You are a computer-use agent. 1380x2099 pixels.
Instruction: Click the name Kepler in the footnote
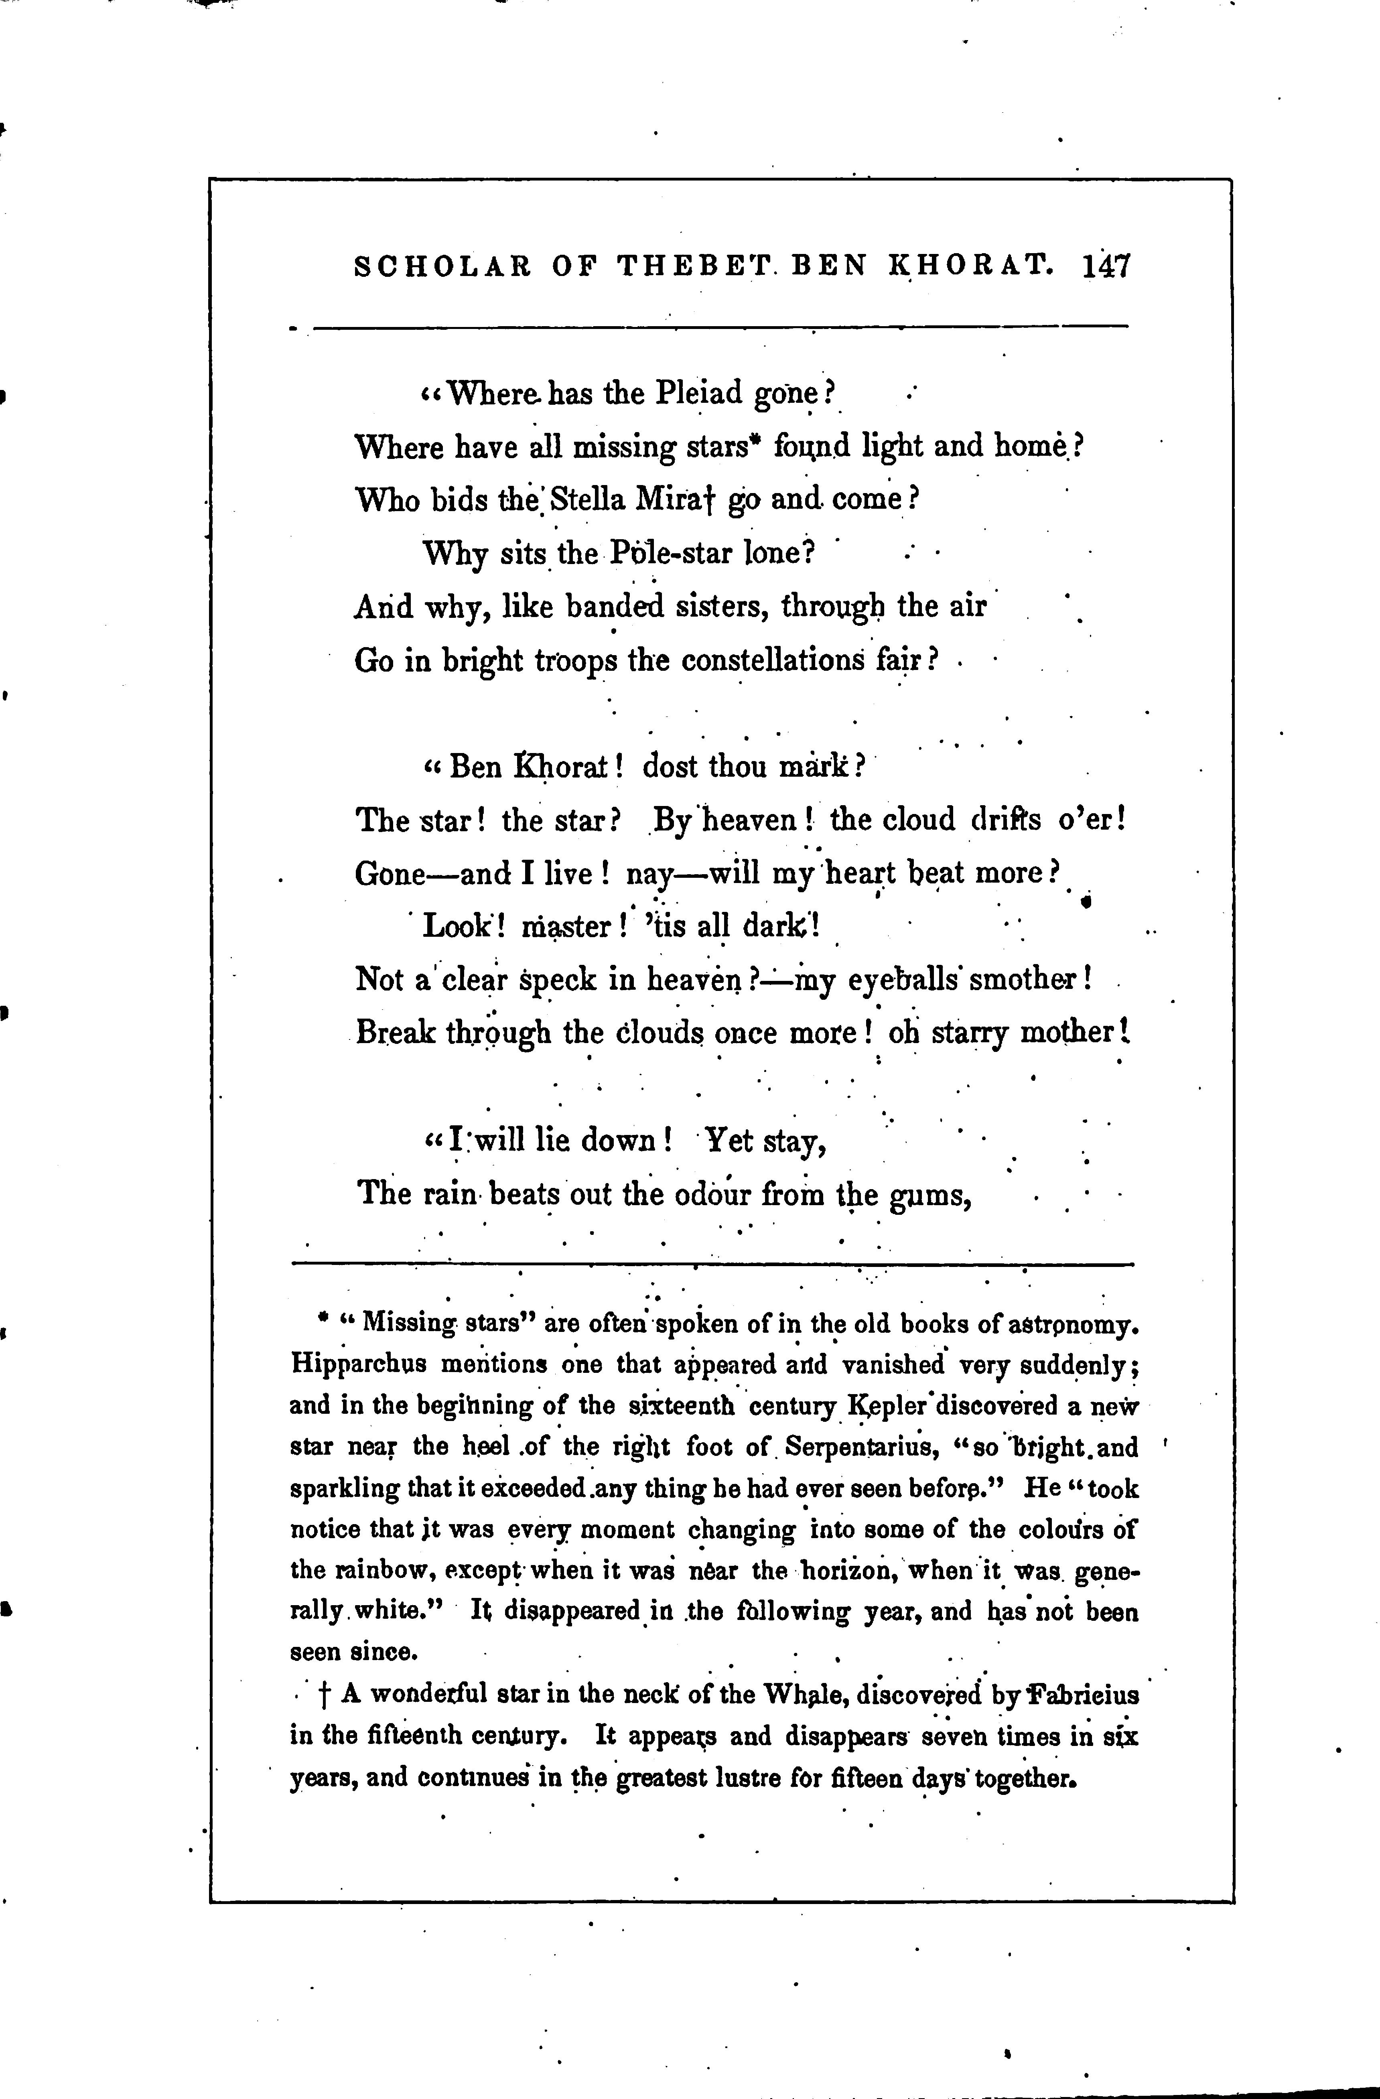(x=883, y=1405)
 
